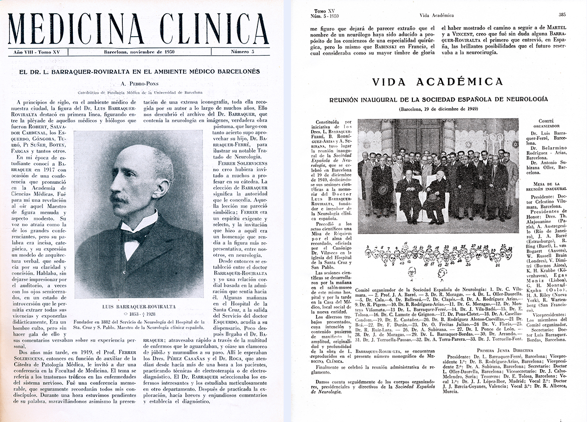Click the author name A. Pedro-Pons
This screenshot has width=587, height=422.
pos(138,83)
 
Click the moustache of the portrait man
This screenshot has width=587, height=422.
pos(120,199)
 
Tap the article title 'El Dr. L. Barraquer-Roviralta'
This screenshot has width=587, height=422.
pos(138,71)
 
